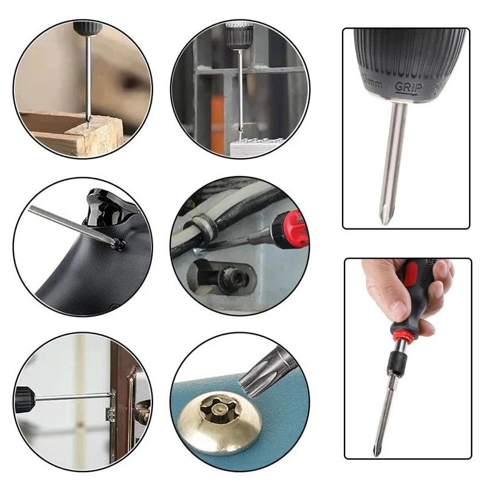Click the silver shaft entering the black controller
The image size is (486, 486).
[x=67, y=223]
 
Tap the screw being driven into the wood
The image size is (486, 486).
[x=89, y=122]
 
